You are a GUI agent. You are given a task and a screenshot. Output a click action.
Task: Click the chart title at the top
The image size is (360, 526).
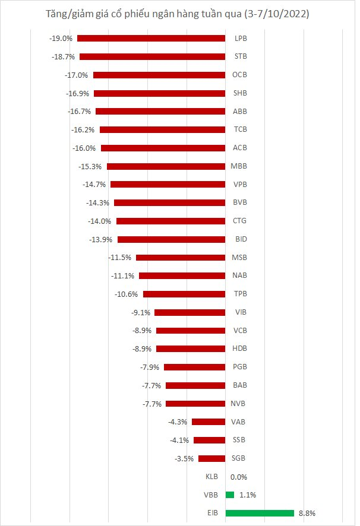click(177, 14)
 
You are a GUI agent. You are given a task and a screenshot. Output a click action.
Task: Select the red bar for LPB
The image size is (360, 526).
click(151, 38)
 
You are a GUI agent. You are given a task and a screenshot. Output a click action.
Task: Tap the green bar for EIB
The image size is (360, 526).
click(260, 514)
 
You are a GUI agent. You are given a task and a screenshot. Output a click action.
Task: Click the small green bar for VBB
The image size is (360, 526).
click(230, 495)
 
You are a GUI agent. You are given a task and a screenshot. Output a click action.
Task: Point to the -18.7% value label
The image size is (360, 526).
click(63, 56)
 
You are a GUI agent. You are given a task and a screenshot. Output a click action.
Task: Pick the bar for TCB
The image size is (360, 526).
click(163, 129)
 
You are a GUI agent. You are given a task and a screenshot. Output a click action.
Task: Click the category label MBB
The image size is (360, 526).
click(239, 166)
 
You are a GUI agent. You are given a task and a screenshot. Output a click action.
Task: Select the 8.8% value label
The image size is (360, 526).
click(307, 514)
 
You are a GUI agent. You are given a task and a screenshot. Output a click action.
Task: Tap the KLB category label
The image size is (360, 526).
click(211, 477)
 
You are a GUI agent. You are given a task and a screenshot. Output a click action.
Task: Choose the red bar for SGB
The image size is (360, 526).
click(212, 458)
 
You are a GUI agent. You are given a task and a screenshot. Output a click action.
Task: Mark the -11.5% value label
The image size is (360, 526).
click(120, 257)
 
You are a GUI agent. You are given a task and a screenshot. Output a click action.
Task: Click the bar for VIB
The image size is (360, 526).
click(190, 312)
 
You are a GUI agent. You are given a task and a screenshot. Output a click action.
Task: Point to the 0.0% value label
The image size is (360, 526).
click(239, 477)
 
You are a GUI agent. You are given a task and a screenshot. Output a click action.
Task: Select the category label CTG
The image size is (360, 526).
click(239, 221)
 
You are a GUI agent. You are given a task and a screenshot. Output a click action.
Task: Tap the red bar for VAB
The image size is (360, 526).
click(209, 422)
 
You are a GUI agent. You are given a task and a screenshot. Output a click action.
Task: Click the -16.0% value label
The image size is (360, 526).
click(84, 148)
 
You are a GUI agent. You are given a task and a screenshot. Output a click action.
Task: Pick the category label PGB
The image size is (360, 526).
click(240, 367)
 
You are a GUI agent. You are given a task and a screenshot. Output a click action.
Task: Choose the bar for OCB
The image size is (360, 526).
click(159, 75)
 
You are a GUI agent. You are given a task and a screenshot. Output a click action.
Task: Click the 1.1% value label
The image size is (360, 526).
click(248, 495)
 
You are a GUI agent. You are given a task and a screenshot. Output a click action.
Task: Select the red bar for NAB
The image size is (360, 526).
click(182, 275)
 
